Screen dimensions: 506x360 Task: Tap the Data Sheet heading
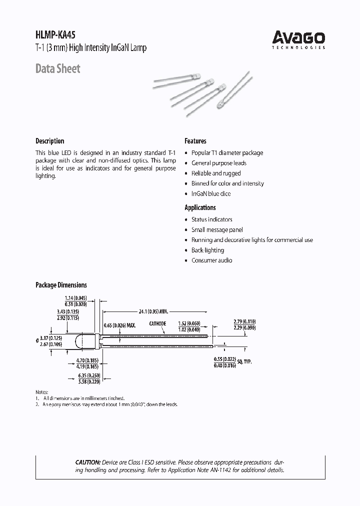tap(57, 69)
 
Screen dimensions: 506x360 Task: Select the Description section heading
tap(49, 141)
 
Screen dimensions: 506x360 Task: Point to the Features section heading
tap(195, 141)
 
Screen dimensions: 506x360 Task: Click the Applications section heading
tap(200, 207)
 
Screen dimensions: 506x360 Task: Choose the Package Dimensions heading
tap(61, 285)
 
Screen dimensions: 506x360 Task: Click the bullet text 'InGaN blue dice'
tap(211, 193)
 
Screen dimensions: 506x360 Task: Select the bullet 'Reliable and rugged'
tap(216, 173)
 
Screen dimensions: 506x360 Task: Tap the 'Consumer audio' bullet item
tap(211, 260)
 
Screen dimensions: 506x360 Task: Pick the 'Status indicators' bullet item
tap(211, 219)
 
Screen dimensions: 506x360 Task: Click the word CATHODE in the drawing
tap(157, 324)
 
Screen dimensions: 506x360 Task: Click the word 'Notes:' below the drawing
tap(42, 391)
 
